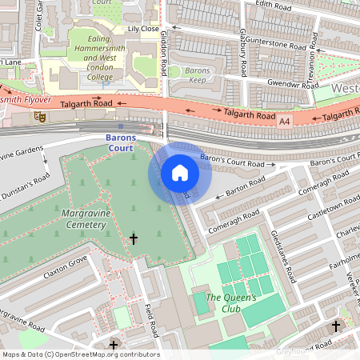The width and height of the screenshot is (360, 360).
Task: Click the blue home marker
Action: tap(180, 172)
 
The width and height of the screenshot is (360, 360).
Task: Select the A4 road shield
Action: tap(284, 122)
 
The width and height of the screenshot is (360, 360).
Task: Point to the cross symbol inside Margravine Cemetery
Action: tap(134, 238)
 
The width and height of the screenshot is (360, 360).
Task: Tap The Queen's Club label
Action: tap(231, 303)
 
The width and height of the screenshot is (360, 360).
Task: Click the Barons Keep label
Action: tap(198, 75)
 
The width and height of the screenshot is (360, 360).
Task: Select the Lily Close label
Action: tap(145, 30)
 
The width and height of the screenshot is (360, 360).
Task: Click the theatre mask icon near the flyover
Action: tap(38, 117)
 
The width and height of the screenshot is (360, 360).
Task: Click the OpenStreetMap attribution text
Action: tap(80, 354)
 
